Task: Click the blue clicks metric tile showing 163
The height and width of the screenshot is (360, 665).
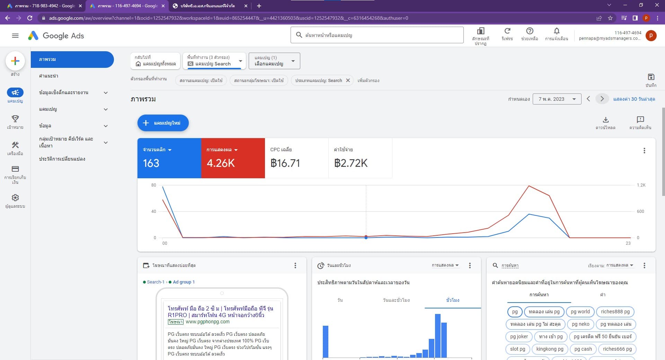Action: (169, 158)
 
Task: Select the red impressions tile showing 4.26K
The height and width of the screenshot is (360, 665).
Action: (233, 158)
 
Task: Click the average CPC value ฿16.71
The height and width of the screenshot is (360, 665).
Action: (285, 163)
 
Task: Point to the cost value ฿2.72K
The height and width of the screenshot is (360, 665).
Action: (351, 163)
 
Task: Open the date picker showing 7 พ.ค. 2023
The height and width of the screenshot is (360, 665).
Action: (557, 99)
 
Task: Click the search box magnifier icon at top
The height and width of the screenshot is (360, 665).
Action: (299, 35)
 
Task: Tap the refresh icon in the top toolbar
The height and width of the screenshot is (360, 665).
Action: (507, 31)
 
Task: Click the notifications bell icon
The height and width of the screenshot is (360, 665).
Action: (557, 31)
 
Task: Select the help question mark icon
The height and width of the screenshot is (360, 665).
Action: (530, 31)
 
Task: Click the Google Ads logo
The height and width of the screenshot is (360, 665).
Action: (56, 36)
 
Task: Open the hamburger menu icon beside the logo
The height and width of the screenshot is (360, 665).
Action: (15, 36)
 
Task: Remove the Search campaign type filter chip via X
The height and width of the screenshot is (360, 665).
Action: (348, 80)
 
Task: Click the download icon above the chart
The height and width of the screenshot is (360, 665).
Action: (605, 120)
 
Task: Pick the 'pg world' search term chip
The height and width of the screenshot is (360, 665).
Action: (580, 312)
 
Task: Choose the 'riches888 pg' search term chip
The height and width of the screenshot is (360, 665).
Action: (615, 312)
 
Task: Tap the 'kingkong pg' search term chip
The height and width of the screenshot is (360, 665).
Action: (550, 349)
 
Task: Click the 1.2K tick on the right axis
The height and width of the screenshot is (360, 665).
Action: (641, 185)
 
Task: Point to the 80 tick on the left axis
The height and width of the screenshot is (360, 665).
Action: (153, 185)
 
